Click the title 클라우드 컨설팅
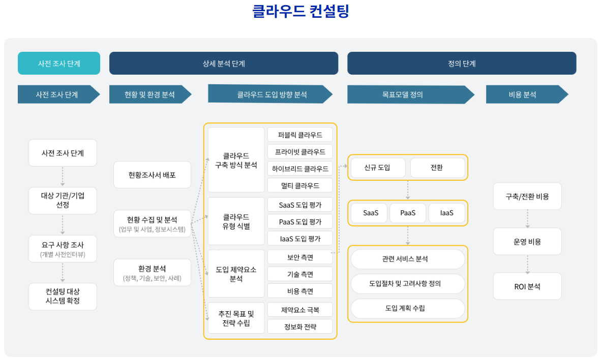click(x=301, y=11)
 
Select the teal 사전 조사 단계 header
click(x=58, y=63)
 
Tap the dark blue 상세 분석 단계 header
click(x=224, y=63)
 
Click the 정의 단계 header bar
click(x=462, y=63)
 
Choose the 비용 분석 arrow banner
click(x=524, y=94)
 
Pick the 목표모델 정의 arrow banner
click(x=407, y=94)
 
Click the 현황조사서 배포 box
click(x=152, y=175)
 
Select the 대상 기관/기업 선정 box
click(x=63, y=200)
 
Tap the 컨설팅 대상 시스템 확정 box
click(x=63, y=296)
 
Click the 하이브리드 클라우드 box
click(x=300, y=168)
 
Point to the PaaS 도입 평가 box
click(x=300, y=221)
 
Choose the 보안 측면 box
click(x=300, y=257)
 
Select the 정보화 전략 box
click(x=300, y=326)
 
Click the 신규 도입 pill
click(x=377, y=168)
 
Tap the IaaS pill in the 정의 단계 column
click(x=447, y=213)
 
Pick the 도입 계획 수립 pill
click(x=408, y=308)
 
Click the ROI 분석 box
click(x=527, y=286)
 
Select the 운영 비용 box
click(x=527, y=242)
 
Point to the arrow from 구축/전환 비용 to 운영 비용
click(x=527, y=219)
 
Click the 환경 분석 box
click(x=152, y=273)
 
